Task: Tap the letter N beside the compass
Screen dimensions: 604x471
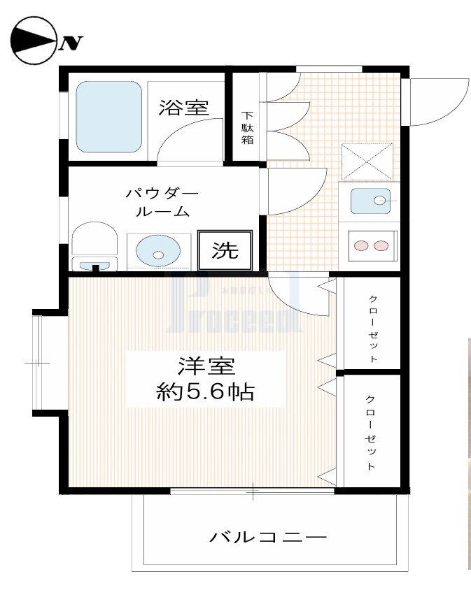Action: point(71,43)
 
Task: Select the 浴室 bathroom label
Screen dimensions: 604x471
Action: point(183,108)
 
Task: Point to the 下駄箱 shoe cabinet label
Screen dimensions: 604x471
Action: point(248,128)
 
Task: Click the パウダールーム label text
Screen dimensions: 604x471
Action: point(162,201)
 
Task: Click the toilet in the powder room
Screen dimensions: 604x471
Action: point(94,245)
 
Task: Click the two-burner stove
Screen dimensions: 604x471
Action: point(371,245)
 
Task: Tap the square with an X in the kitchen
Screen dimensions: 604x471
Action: point(367,161)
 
